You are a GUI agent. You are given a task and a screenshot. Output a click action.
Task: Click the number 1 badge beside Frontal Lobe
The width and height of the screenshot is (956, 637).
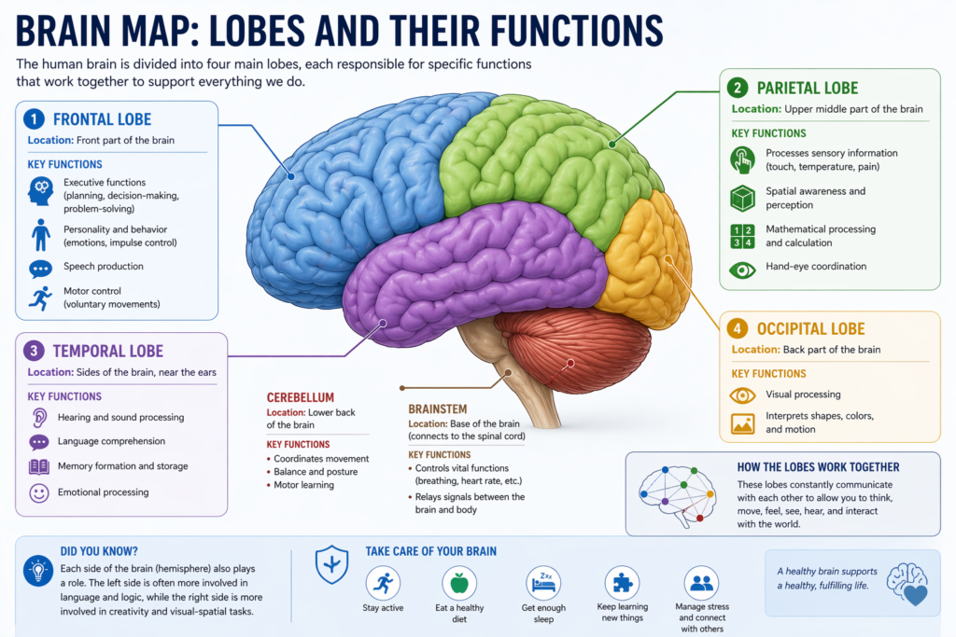(34, 119)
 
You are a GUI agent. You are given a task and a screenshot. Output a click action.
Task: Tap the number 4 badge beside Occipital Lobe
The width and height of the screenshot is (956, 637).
(738, 328)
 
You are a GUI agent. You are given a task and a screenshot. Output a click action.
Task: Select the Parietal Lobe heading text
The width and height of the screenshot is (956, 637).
(808, 89)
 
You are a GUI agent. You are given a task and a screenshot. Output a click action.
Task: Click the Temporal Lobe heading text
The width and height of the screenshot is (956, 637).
(107, 352)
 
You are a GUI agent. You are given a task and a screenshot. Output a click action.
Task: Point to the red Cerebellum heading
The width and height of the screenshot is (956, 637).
(300, 397)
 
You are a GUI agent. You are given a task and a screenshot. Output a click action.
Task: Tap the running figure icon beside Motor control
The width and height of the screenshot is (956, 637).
(40, 298)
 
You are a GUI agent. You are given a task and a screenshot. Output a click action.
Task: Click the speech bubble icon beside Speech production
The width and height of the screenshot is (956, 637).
(40, 269)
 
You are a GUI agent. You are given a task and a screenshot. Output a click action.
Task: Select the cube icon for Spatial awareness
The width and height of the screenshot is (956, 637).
(743, 198)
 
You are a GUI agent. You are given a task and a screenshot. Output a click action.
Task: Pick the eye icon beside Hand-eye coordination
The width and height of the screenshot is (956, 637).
(743, 270)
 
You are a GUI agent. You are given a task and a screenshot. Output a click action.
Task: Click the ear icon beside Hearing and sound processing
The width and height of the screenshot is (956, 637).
(39, 418)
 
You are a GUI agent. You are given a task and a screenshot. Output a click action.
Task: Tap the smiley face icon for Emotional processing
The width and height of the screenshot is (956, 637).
(39, 492)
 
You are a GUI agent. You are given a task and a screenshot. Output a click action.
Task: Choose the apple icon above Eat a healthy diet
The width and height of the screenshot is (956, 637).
(458, 583)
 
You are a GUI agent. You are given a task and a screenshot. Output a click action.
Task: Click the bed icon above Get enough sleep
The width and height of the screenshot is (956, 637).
(542, 582)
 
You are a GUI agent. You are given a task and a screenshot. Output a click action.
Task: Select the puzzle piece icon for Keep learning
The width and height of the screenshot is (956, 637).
(621, 583)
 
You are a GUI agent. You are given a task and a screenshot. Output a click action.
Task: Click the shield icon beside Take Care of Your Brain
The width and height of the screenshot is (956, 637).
(331, 563)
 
